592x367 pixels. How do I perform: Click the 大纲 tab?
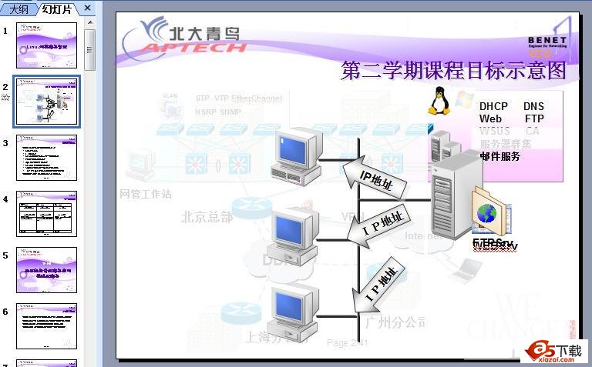coord(19,8)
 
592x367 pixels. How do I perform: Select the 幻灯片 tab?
coord(58,8)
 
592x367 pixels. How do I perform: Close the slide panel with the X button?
coord(87,8)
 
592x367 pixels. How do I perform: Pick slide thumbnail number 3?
coord(47,157)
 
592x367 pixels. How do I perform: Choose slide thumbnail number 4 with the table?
coord(47,213)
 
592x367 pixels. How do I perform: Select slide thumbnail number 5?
coord(47,269)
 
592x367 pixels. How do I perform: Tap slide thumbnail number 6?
coord(47,325)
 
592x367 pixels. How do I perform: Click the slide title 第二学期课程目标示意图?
coord(453,71)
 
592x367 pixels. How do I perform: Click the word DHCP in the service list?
coord(493,107)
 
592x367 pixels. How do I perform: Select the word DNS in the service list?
coord(533,107)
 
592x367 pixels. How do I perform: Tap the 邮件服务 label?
coord(499,156)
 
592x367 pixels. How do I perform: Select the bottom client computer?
coord(297,312)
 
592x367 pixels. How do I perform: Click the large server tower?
coord(453,196)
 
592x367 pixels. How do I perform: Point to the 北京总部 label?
coord(207,217)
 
